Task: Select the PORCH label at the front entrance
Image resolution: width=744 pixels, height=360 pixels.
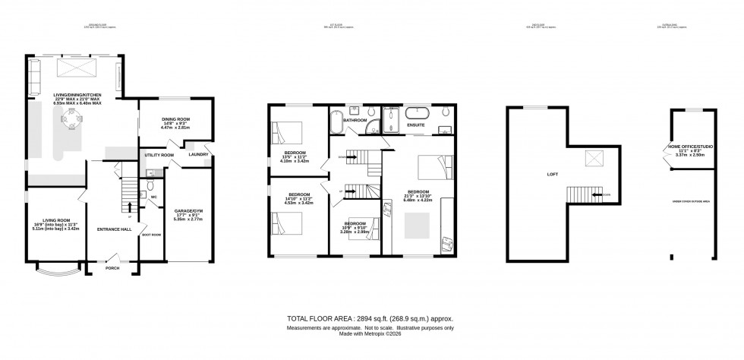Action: click(x=112, y=268)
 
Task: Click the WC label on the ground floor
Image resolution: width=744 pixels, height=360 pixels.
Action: click(x=153, y=196)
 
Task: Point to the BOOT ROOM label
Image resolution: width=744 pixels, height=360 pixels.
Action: click(x=152, y=234)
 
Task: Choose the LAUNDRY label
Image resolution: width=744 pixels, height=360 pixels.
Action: click(x=199, y=155)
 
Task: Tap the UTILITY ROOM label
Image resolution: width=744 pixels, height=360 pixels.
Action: click(x=159, y=155)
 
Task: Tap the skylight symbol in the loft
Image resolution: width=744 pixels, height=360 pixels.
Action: click(x=592, y=159)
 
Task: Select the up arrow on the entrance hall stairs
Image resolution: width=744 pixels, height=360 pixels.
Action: click(x=131, y=205)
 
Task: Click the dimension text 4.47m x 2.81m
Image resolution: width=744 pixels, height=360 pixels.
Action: click(x=175, y=128)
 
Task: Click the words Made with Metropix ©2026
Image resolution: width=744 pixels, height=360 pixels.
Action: click(x=370, y=335)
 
